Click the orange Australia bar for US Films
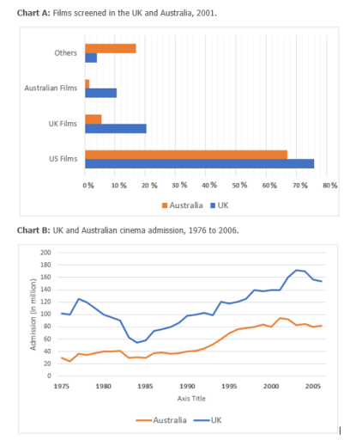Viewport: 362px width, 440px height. click(x=185, y=154)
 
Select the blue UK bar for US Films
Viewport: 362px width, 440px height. click(x=199, y=163)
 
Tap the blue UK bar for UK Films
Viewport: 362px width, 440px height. click(x=116, y=128)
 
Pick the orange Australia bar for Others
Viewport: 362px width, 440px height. click(x=110, y=48)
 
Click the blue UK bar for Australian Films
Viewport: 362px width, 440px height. click(x=101, y=92)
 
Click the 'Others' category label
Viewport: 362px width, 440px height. click(x=65, y=52)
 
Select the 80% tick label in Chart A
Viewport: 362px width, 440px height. click(x=329, y=186)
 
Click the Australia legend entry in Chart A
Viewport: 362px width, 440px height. click(x=182, y=205)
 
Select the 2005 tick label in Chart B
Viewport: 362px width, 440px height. click(x=313, y=386)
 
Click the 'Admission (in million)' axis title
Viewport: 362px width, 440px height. click(x=32, y=315)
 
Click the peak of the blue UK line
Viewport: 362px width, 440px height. click(x=297, y=270)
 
